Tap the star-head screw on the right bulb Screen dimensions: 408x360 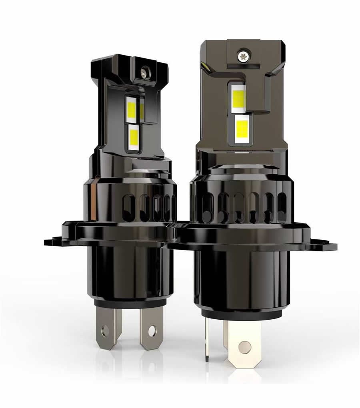(x=242, y=56)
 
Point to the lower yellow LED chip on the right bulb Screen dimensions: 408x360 (x=242, y=128)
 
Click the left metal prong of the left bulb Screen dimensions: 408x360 (x=107, y=326)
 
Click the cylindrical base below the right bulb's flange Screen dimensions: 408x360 (x=240, y=280)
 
